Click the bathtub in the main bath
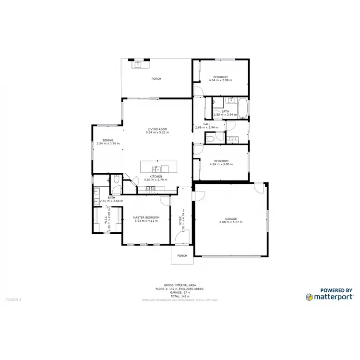pyautogui.click(x=243, y=108)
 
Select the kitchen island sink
pyautogui.click(x=156, y=168)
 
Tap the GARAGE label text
pyautogui.click(x=231, y=218)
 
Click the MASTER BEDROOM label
pyautogui.click(x=146, y=217)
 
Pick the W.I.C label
pyautogui.click(x=106, y=220)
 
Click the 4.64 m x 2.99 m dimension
pyautogui.click(x=221, y=80)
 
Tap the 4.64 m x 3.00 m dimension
pyautogui.click(x=221, y=164)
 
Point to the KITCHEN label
pyautogui.click(x=156, y=176)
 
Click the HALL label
pyautogui.click(x=207, y=124)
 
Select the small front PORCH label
pyautogui.click(x=182, y=255)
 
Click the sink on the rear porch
pyautogui.click(x=138, y=64)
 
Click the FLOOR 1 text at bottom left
pyautogui.click(x=13, y=300)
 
